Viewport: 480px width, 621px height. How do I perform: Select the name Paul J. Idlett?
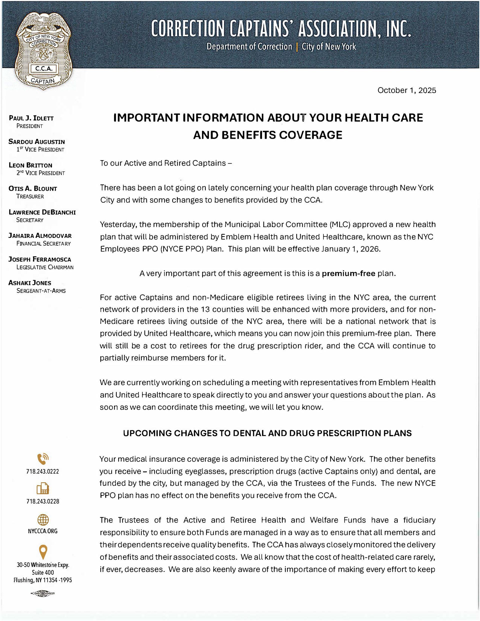click(31, 118)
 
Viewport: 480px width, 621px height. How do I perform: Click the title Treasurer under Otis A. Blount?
click(30, 196)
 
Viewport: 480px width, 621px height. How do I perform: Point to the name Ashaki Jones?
click(30, 283)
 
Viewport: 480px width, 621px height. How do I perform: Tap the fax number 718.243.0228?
click(43, 501)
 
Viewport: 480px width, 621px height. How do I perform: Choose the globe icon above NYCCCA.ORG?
click(43, 520)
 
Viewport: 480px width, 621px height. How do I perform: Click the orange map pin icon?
click(43, 552)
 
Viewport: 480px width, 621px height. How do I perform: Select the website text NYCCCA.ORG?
click(43, 531)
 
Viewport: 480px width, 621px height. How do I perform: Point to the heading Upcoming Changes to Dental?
click(267, 433)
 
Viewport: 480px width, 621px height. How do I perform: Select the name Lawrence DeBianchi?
click(42, 212)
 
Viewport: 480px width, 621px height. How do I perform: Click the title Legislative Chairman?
click(45, 267)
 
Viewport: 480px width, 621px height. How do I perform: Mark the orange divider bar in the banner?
click(297, 47)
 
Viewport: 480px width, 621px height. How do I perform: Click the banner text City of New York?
click(329, 47)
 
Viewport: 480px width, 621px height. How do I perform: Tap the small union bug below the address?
click(43, 594)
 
